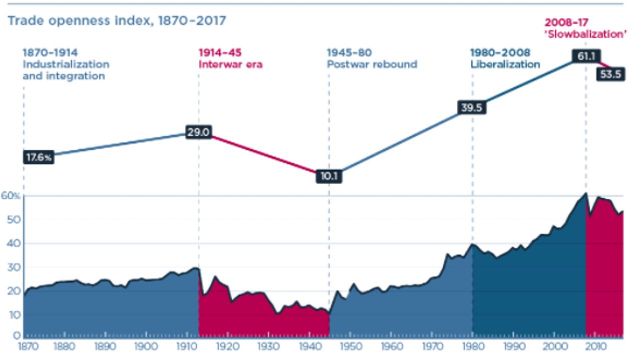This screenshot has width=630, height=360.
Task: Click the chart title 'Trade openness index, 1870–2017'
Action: click(x=116, y=21)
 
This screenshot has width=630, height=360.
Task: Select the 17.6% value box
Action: click(x=38, y=157)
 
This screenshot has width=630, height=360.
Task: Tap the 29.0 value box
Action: click(x=199, y=133)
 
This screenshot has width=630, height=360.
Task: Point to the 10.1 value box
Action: click(x=329, y=176)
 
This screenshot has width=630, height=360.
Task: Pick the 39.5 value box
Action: click(x=471, y=108)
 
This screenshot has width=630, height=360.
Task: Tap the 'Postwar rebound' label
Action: click(x=372, y=64)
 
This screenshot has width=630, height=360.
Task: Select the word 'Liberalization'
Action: click(x=505, y=64)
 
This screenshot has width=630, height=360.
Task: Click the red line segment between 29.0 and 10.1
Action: click(x=264, y=154)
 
